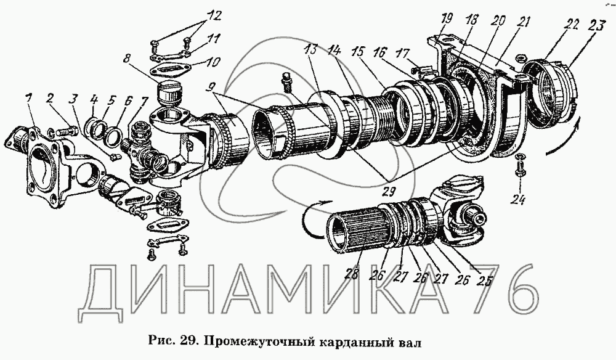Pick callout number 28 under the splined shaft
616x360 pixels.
(x=352, y=276)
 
